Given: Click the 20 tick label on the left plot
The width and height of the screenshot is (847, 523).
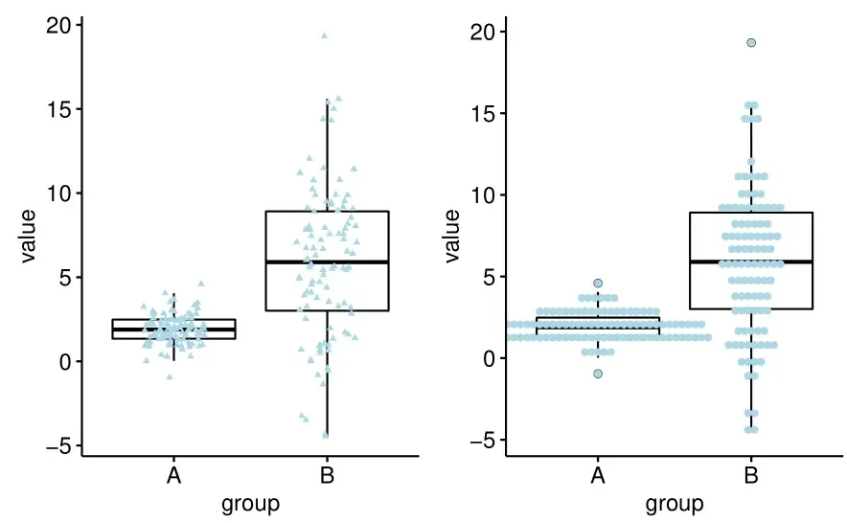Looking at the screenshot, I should [x=59, y=26].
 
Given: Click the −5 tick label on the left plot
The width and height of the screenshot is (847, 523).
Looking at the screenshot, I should [x=57, y=446].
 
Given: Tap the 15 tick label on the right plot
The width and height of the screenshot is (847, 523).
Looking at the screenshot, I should [x=484, y=114].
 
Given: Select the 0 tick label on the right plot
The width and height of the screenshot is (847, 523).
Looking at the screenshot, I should [x=489, y=359].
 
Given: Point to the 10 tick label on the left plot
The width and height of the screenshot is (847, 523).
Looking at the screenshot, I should [x=59, y=193].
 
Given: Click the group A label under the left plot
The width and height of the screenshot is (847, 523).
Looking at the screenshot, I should [x=173, y=476].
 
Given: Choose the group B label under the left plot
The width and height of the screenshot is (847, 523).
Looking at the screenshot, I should [x=327, y=476].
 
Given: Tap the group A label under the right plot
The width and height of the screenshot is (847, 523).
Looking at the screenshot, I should [x=598, y=476].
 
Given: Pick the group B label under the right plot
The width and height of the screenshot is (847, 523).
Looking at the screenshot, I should [x=751, y=476].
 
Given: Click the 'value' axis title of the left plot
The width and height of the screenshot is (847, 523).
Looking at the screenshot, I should [x=28, y=236].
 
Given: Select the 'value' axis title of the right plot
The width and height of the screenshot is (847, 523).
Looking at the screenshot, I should [x=452, y=236].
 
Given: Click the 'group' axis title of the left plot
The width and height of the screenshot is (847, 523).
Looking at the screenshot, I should [x=250, y=504].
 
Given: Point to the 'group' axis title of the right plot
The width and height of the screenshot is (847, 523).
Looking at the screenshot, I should [x=675, y=504].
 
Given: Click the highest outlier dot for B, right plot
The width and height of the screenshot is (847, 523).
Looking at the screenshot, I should [x=751, y=42].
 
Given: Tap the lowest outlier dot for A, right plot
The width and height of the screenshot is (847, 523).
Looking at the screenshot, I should [x=598, y=374].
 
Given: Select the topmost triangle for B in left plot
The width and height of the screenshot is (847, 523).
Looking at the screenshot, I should [x=325, y=35].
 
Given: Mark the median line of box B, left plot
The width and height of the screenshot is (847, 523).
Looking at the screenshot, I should [x=327, y=261].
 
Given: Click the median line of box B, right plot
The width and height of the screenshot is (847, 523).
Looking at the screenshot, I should [x=751, y=261].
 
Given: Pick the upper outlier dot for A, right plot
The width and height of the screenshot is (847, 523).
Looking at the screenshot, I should [x=598, y=284].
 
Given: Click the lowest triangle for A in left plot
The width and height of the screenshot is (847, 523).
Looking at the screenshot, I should [x=170, y=376].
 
